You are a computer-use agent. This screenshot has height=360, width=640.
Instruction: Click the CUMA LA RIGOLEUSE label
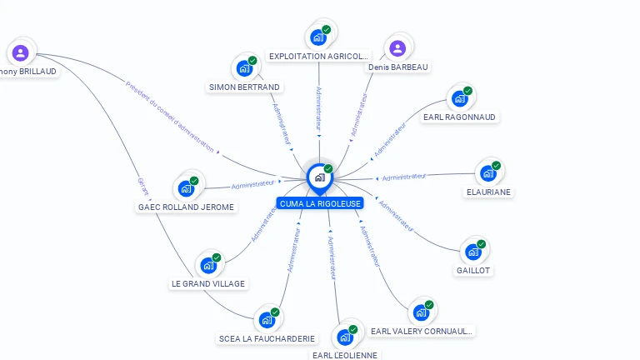coord(321,203)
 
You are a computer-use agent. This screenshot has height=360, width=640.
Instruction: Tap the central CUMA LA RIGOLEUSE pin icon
coord(319,177)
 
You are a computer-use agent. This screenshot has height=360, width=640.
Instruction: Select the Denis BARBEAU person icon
coord(397,48)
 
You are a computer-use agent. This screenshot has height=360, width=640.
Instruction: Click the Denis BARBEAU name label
coord(399,67)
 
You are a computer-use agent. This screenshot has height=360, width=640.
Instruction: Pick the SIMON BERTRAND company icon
coord(244,68)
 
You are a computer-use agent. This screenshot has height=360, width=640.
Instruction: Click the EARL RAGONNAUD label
coord(459,117)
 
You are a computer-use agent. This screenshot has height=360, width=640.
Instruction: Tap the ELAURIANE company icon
coord(487,174)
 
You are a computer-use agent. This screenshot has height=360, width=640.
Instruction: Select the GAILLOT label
coord(473,271)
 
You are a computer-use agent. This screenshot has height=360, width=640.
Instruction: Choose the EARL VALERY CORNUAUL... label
coord(422,331)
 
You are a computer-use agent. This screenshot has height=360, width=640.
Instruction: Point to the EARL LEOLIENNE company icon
coord(344,337)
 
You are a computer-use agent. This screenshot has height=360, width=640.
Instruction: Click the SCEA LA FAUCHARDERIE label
coord(267,338)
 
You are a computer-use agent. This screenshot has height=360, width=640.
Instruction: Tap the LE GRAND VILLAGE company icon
coord(207,266)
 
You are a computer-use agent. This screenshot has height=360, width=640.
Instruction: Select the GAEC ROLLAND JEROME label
coord(187,207)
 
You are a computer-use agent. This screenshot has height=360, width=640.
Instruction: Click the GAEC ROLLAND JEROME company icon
coord(186,188)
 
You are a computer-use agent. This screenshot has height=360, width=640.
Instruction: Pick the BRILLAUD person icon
coord(20,53)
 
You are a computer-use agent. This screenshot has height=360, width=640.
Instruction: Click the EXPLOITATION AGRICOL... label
coord(317,56)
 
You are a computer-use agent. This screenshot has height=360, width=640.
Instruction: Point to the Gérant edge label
coord(142,187)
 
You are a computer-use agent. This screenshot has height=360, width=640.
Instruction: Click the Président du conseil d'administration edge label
coord(170,117)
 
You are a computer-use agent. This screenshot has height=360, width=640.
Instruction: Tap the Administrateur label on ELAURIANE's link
coord(404,177)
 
